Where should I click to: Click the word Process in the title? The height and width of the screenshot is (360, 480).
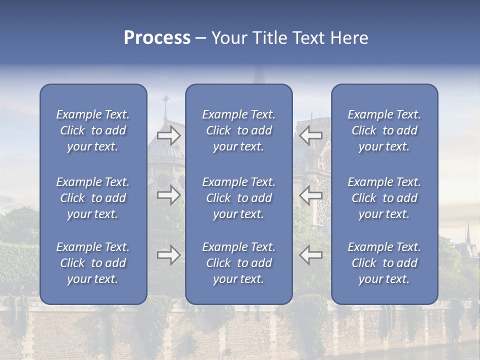point(157,38)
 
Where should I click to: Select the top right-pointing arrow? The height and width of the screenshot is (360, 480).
point(168,135)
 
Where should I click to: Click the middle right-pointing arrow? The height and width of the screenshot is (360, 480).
point(168,195)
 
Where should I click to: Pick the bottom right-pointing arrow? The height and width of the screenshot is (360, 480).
point(168,255)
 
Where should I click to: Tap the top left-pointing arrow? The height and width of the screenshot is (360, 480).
point(311,135)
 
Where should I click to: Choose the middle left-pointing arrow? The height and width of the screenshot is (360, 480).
point(311,195)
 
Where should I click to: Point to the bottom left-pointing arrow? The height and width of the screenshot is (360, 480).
point(311,255)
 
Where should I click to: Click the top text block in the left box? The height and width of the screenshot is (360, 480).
point(93,130)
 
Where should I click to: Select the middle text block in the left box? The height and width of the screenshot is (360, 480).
point(93,198)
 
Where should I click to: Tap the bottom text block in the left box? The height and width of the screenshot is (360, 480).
point(93,263)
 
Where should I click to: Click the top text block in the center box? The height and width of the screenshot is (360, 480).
point(239,130)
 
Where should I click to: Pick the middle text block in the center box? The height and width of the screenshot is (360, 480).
point(239,198)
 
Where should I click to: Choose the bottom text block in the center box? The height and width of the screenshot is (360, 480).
point(239,263)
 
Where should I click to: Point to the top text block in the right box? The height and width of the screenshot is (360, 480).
point(384,130)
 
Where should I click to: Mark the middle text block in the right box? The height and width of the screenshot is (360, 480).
point(384,198)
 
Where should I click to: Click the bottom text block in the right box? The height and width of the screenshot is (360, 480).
point(384,263)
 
